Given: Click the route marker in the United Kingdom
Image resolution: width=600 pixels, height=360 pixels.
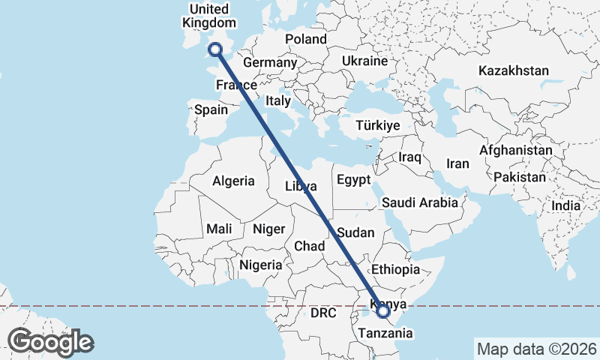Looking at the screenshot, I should click(x=216, y=50).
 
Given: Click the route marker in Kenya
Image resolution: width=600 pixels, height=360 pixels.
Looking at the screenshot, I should click(x=383, y=310).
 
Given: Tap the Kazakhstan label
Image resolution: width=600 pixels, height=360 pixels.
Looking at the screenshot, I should click(x=514, y=71).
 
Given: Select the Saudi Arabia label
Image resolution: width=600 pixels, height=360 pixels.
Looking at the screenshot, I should click(x=419, y=202).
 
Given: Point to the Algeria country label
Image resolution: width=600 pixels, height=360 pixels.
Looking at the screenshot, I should click(x=234, y=181).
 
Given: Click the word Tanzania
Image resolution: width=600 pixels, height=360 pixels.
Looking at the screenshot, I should click(x=384, y=331).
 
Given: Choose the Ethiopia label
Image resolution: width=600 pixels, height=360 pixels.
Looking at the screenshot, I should click(x=395, y=269).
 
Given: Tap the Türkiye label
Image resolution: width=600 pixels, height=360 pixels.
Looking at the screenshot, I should click(x=378, y=125).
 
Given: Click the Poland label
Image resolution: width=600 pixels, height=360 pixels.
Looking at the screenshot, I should click(x=305, y=39).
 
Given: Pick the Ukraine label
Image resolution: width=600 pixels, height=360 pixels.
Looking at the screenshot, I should click(x=364, y=61).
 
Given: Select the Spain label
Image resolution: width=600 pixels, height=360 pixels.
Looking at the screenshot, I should click(x=211, y=109).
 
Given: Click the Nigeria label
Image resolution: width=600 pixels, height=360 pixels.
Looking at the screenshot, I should click(x=261, y=265).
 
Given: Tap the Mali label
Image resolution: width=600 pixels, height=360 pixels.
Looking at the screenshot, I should click(x=219, y=229).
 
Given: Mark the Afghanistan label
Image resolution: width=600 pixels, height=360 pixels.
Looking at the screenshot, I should click(x=515, y=151).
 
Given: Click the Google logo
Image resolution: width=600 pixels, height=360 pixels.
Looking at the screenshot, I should click(x=50, y=342).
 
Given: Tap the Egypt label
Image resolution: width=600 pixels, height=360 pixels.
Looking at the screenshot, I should click(x=353, y=180).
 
